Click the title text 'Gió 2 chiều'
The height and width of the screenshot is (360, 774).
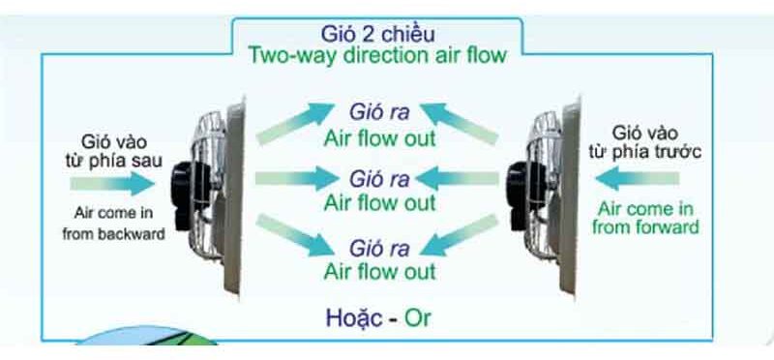click(377, 31)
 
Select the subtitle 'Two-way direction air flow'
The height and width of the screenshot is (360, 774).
click(377, 54)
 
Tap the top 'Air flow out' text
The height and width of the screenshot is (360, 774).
click(379, 136)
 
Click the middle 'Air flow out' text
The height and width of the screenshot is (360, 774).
click(379, 203)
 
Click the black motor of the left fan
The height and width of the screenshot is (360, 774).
click(181, 181)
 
